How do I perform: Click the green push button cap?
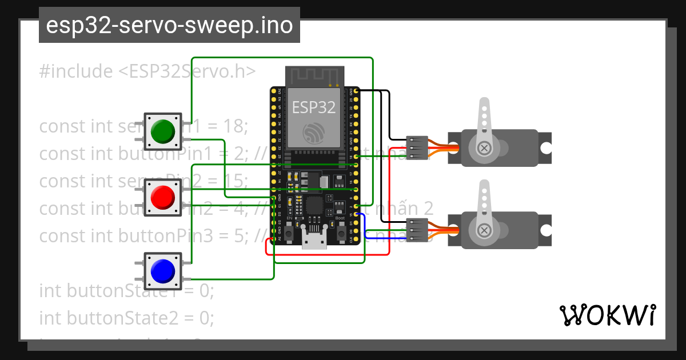click(162, 131)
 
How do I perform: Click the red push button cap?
click(162, 198)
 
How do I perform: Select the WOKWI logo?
click(607, 315)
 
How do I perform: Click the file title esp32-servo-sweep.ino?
click(169, 25)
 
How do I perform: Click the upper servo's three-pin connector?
click(417, 147)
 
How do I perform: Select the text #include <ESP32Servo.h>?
click(147, 71)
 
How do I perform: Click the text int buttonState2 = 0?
click(126, 317)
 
